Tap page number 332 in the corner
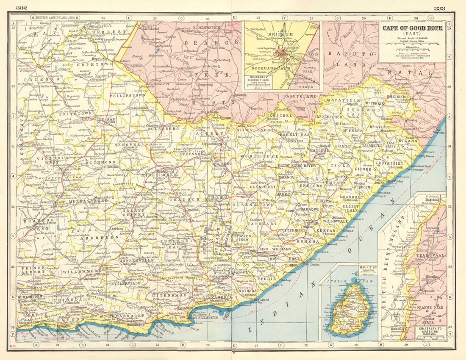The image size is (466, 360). click(x=21, y=8)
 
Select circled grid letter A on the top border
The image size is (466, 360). click(x=32, y=18)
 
